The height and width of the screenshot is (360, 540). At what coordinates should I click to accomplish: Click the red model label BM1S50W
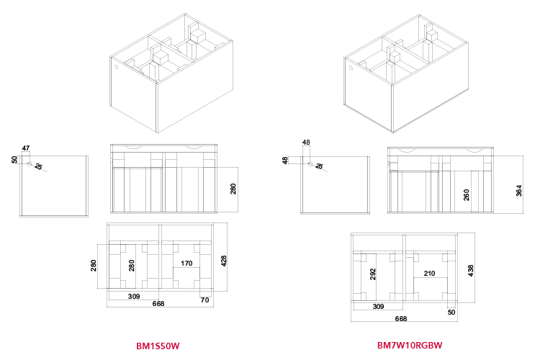point(157,346)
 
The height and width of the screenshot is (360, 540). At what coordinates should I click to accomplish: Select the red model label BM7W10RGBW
point(410,345)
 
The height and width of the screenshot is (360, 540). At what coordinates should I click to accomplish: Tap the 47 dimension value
point(26,148)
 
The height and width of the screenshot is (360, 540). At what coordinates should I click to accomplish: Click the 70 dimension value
point(205,299)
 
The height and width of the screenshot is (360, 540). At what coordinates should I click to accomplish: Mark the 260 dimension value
point(467,194)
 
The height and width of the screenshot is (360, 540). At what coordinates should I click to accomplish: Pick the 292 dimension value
point(374,274)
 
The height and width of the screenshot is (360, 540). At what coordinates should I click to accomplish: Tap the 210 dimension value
point(430,274)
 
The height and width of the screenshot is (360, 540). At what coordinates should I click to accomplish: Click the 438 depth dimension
point(471,270)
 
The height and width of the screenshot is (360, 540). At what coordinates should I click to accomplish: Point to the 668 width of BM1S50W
point(158,304)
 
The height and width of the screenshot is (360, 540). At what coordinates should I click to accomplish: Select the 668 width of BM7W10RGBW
point(401,318)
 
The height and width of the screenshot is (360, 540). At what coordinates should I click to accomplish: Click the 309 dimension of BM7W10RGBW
point(377,307)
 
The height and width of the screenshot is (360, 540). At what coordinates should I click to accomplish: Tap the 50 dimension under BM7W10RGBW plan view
point(451,312)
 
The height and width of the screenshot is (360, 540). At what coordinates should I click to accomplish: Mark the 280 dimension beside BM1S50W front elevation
point(232,189)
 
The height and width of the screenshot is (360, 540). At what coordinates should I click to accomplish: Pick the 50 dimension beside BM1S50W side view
point(14,159)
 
